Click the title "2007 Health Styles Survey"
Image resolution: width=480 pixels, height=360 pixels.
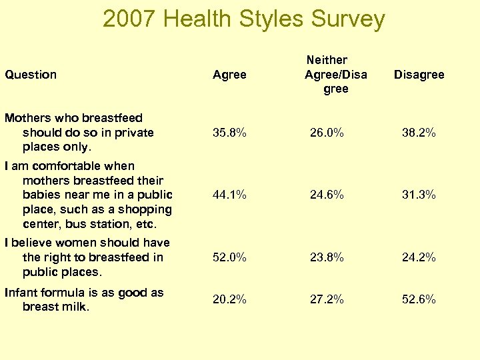pyautogui.click(x=243, y=19)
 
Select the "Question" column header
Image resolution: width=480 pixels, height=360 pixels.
pyautogui.click(x=31, y=75)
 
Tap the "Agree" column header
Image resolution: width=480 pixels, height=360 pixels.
pyautogui.click(x=229, y=75)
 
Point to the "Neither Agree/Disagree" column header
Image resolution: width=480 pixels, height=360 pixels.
pyautogui.click(x=335, y=75)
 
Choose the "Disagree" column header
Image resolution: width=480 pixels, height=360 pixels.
pyautogui.click(x=419, y=75)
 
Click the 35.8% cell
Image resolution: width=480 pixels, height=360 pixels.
pyautogui.click(x=229, y=133)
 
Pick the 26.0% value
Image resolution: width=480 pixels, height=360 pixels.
pyautogui.click(x=327, y=133)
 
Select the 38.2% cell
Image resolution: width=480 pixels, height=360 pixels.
pyautogui.click(x=419, y=133)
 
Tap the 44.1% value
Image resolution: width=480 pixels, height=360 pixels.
pyautogui.click(x=229, y=195)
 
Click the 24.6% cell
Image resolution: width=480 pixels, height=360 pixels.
pyautogui.click(x=327, y=195)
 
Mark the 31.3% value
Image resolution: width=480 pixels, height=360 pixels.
pyautogui.click(x=419, y=195)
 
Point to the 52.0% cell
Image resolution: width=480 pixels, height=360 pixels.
pyautogui.click(x=229, y=257)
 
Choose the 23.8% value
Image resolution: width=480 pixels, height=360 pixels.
pyautogui.click(x=327, y=257)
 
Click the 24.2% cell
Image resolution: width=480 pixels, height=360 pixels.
pyautogui.click(x=419, y=257)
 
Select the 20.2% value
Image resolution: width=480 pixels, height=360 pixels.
pyautogui.click(x=229, y=299)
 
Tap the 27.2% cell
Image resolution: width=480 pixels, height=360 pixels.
pyautogui.click(x=327, y=299)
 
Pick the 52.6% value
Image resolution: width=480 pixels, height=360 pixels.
pyautogui.click(x=419, y=299)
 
